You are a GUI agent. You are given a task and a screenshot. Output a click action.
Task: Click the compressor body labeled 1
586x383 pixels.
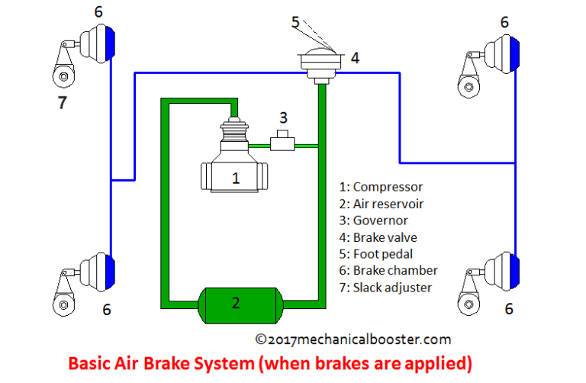coord(236,177)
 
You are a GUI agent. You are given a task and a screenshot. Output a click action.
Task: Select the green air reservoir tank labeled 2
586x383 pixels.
coord(236,303)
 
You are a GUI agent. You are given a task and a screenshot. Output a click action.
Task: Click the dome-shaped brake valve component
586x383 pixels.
coord(320,60)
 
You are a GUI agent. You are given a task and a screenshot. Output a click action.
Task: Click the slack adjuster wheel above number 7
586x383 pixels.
coord(61,76)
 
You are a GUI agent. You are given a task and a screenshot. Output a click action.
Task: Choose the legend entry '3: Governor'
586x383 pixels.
coord(375,220)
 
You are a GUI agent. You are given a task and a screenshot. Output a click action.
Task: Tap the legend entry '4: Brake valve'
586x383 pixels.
coord(378,237)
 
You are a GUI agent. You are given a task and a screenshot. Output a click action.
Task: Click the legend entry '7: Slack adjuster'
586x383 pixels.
coord(385,288)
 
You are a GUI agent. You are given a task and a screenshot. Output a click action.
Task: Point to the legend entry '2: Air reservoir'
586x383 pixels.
coord(381,204)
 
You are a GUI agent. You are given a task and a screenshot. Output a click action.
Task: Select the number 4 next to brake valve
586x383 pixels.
coord(355,56)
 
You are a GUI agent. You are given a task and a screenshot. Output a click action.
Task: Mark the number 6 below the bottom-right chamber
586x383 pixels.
coord(508,309)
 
